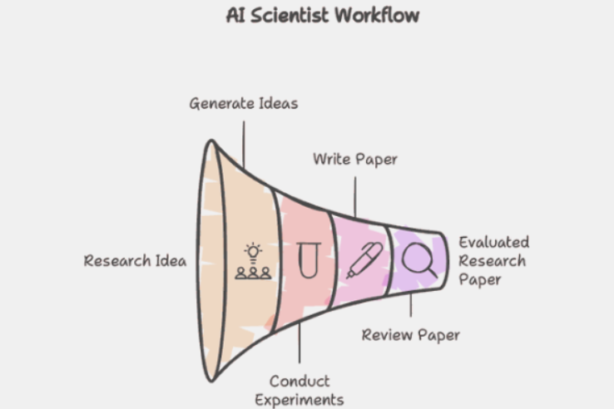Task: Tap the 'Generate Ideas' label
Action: click(x=243, y=104)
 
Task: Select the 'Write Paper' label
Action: click(x=355, y=158)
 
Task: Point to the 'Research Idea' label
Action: click(x=135, y=260)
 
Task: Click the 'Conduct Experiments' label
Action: click(x=300, y=391)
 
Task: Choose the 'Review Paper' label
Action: click(x=411, y=335)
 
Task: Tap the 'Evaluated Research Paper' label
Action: click(x=493, y=260)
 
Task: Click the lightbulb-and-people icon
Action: click(x=253, y=261)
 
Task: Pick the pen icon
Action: click(x=364, y=260)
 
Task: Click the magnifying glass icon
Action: click(x=417, y=260)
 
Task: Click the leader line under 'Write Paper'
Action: click(x=355, y=190)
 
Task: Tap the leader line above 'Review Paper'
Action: click(x=410, y=308)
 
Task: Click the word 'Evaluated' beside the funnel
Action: click(x=494, y=242)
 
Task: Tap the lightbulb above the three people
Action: click(x=253, y=250)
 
